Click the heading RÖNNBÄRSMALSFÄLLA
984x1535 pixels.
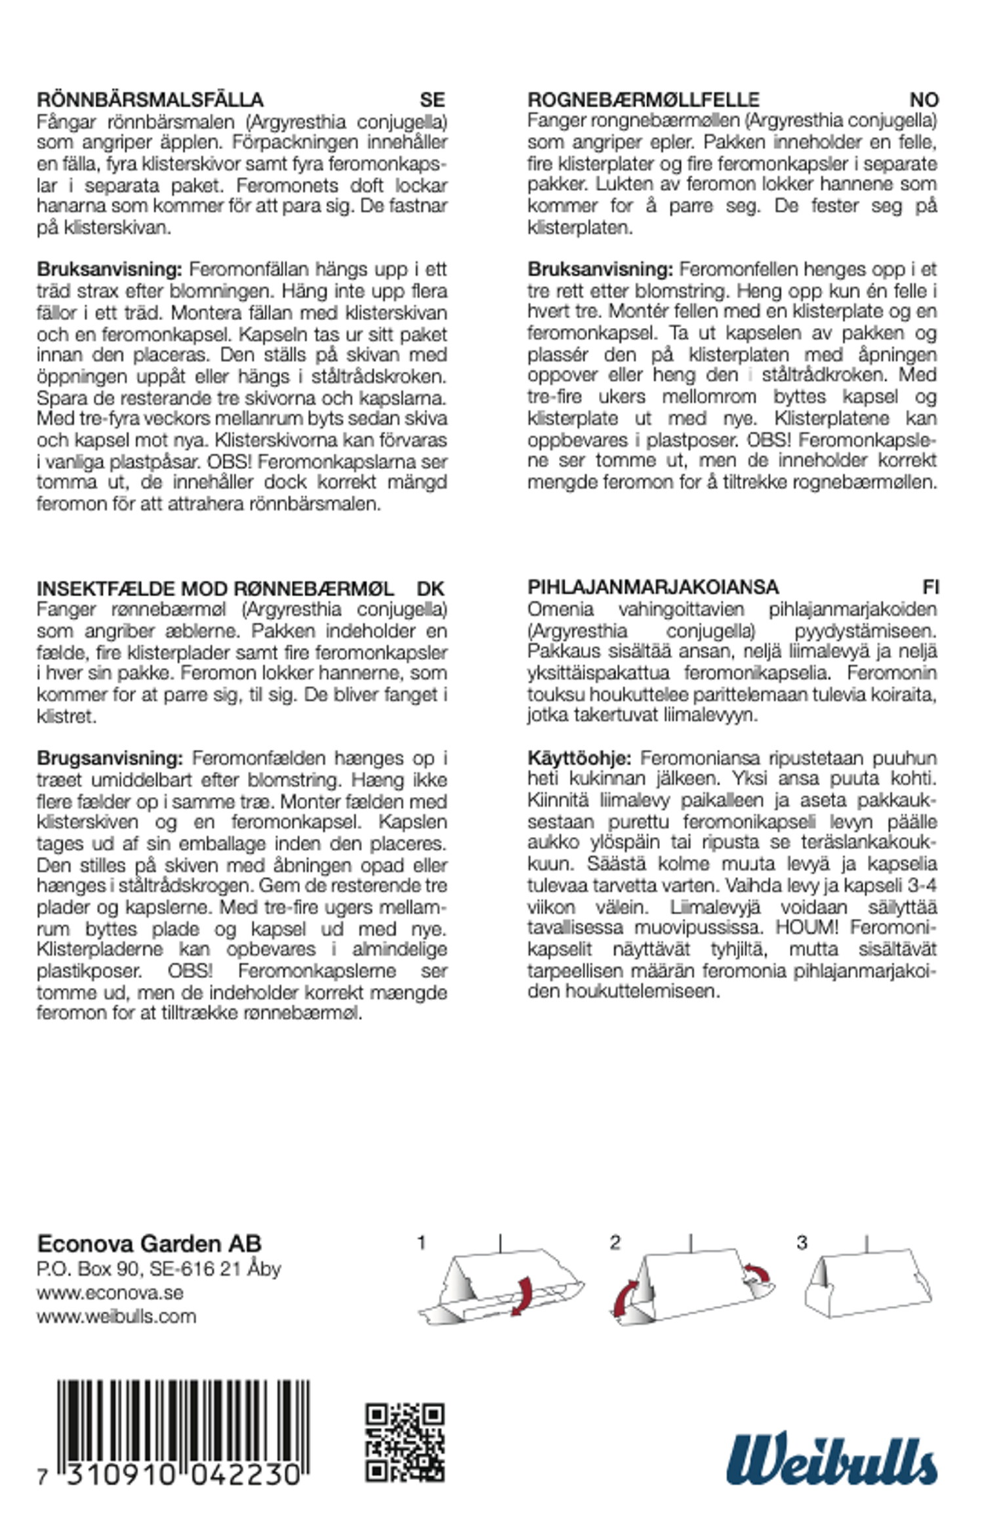pos(150,100)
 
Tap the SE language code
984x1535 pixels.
pos(432,100)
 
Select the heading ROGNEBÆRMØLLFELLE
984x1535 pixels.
pos(644,100)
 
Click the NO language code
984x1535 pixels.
pos(924,100)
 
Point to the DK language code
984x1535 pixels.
pos(430,588)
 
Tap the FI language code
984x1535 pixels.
pos(930,587)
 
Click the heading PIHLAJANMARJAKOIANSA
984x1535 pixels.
pos(653,587)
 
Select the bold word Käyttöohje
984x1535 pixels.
pos(579,758)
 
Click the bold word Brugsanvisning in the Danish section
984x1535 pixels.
pos(110,758)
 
